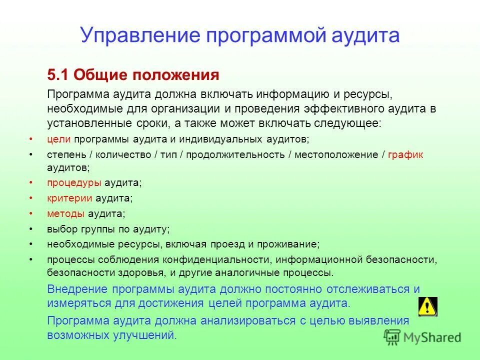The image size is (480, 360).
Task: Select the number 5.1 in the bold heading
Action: click(58, 75)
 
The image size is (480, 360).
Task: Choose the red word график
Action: click(405, 154)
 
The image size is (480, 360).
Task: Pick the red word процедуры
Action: click(74, 183)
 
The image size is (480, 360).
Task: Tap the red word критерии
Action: click(70, 198)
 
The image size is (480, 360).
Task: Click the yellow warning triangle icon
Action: click(427, 306)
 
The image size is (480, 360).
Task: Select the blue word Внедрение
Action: click(77, 289)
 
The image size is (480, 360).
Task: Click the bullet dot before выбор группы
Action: click(31, 229)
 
